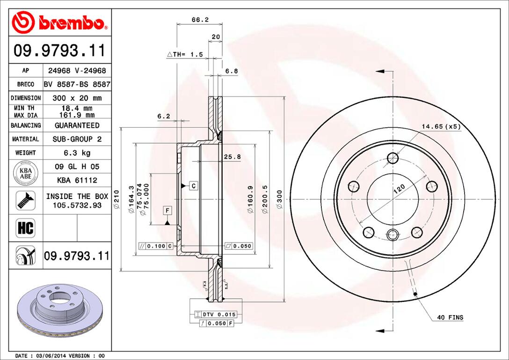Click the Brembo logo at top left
(60, 22)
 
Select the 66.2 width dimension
(200, 20)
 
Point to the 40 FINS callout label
(450, 317)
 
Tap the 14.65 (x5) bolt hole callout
(441, 126)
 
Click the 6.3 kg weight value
(77, 153)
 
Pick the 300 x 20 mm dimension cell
(77, 98)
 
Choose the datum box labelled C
(193, 186)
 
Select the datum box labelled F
(167, 210)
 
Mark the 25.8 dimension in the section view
(232, 157)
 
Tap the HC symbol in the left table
(26, 228)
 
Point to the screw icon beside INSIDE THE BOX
(25, 200)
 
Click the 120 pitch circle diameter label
(399, 190)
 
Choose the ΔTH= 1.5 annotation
(185, 54)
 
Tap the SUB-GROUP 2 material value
(77, 139)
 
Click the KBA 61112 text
(77, 180)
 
